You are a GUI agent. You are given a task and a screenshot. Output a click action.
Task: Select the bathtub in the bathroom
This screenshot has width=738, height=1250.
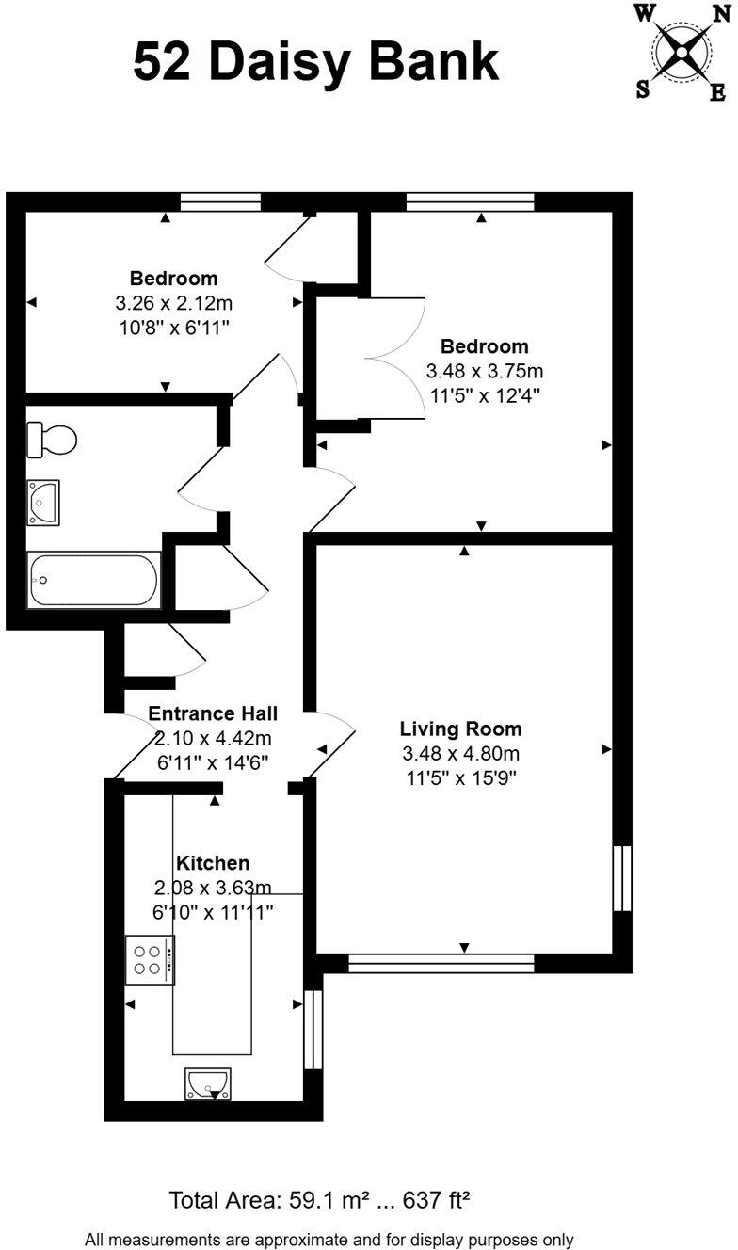[x=93, y=580]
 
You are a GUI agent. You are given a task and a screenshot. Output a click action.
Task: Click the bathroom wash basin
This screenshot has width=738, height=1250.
[x=43, y=502]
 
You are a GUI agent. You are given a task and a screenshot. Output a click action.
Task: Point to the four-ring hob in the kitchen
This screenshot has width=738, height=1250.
[x=150, y=960]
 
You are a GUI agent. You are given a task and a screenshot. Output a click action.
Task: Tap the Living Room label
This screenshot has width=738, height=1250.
[x=460, y=729]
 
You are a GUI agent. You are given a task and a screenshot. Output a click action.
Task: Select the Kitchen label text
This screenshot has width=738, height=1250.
[x=213, y=863]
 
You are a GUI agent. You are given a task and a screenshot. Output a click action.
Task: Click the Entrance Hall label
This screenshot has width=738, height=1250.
[x=213, y=714]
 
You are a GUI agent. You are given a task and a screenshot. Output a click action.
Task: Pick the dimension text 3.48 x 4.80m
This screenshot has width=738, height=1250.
[x=460, y=753]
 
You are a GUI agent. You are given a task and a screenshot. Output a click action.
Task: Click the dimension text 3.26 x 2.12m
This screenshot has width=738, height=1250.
[x=173, y=303]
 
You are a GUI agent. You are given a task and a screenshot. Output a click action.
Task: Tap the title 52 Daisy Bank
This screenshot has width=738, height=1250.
[x=316, y=63]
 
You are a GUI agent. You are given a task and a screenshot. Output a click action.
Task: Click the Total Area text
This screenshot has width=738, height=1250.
[x=319, y=1200]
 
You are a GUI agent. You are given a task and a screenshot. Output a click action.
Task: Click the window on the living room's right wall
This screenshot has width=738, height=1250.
[x=621, y=878]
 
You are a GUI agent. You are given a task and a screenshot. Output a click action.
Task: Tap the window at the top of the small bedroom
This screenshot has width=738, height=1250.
[x=220, y=201]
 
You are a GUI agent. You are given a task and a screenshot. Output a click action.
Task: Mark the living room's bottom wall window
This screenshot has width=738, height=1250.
[x=441, y=963]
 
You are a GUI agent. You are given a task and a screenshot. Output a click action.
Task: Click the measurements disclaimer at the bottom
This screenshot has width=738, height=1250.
[x=329, y=1240]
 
